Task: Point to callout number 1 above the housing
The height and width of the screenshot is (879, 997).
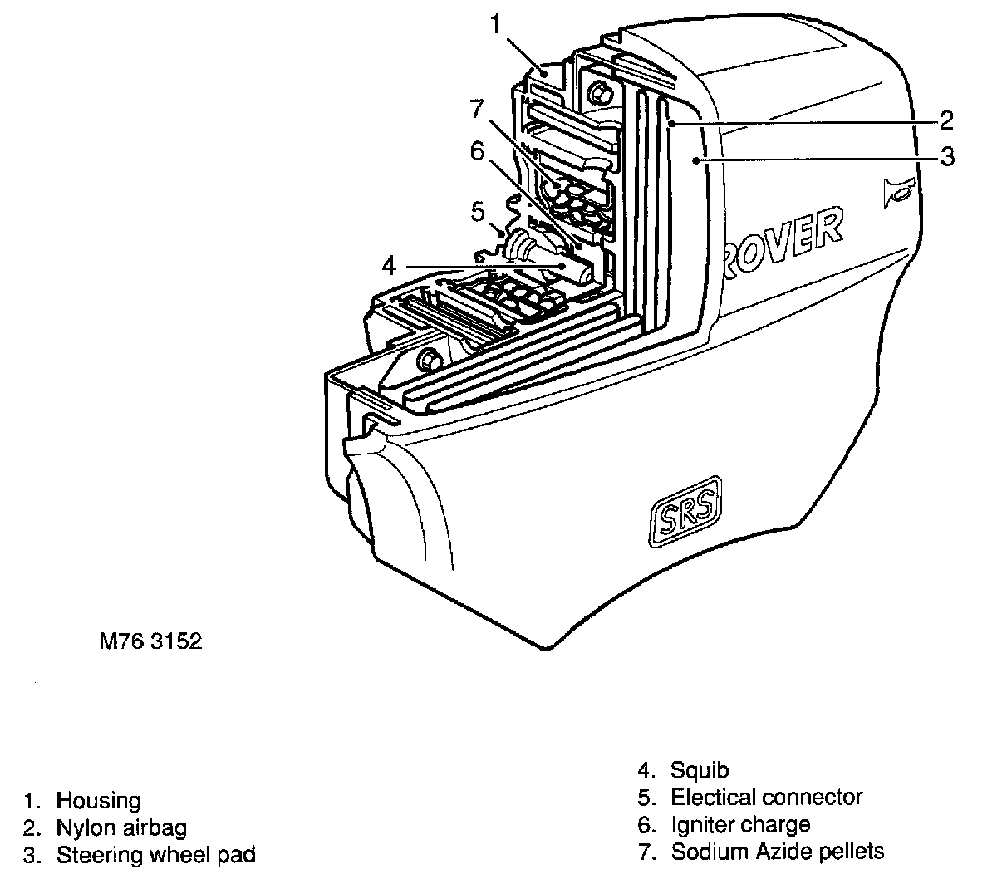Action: click(496, 24)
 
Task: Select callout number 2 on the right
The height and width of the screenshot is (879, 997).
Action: click(945, 120)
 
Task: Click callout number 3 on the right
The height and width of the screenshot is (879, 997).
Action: click(947, 155)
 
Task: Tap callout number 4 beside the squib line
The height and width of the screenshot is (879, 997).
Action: click(389, 267)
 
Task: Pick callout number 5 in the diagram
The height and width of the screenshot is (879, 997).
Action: click(478, 211)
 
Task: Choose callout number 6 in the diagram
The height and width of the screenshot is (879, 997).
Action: click(476, 150)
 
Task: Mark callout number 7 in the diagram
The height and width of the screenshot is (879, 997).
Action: click(475, 108)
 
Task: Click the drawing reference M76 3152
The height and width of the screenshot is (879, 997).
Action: click(150, 641)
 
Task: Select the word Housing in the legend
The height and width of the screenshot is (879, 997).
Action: click(98, 801)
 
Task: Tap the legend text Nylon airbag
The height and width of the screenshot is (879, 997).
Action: click(121, 827)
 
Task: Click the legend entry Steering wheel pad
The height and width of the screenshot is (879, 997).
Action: click(155, 854)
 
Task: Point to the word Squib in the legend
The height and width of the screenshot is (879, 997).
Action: click(700, 771)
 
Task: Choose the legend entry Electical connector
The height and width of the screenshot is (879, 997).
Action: click(766, 798)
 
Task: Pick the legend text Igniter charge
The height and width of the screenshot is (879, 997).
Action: click(740, 824)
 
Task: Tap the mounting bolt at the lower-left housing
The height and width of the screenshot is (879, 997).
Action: click(429, 360)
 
